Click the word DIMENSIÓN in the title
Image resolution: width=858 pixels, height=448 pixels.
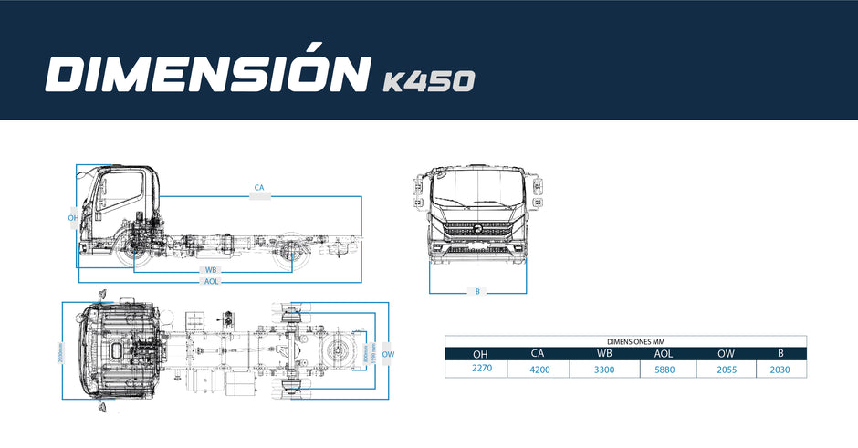click(x=205, y=75)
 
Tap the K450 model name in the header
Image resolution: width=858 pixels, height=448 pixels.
click(x=427, y=82)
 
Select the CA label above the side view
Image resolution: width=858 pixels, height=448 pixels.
click(x=259, y=189)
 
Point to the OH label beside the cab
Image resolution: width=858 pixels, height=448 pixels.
click(x=73, y=218)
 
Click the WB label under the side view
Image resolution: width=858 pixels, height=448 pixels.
click(x=211, y=270)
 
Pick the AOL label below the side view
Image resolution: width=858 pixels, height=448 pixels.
click(x=211, y=281)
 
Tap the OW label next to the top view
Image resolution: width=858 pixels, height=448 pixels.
click(x=388, y=354)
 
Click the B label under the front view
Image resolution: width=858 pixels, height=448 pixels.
click(x=477, y=292)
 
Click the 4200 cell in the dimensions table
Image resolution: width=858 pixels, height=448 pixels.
click(x=540, y=370)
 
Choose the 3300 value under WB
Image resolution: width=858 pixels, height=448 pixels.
click(x=604, y=370)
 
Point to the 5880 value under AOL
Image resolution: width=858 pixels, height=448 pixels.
click(x=667, y=370)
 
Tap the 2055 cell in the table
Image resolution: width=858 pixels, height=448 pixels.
click(x=726, y=370)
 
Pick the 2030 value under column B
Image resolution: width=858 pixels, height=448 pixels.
click(x=780, y=370)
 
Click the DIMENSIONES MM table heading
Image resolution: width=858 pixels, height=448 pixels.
click(x=625, y=341)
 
